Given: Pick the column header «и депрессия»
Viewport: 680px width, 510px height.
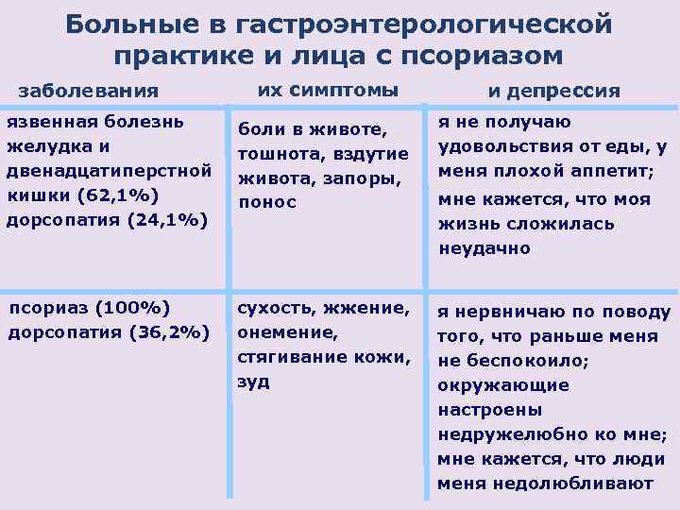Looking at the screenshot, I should (553, 92).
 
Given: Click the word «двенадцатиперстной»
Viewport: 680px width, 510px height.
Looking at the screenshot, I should (109, 171).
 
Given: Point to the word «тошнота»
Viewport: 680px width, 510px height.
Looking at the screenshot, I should (275, 153).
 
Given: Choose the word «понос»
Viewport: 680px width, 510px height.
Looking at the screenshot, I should (268, 202).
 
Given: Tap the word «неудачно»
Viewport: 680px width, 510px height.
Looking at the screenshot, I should (484, 248).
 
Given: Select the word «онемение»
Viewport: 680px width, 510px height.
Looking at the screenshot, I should (281, 332).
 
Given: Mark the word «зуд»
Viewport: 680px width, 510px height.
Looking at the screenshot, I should (253, 382).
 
